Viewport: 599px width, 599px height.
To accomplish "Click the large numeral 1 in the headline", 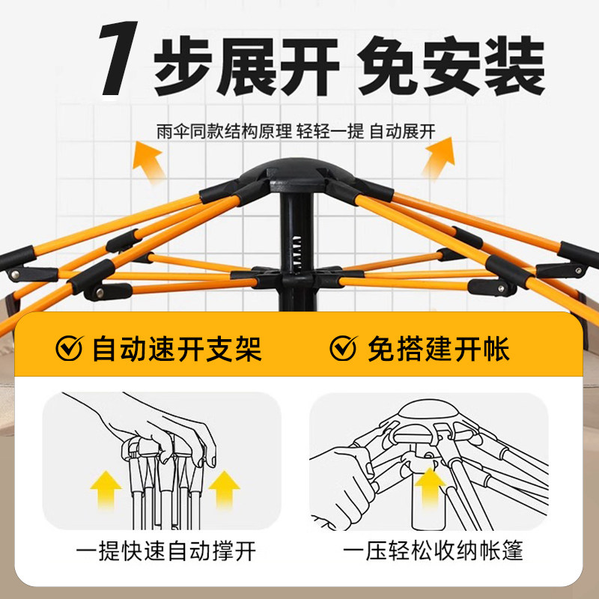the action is (x=118, y=58).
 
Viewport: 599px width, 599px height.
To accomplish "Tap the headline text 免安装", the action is (x=451, y=66).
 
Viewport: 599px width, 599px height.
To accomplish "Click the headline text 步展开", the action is (x=246, y=66).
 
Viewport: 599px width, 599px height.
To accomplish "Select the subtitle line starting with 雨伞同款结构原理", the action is (x=296, y=132).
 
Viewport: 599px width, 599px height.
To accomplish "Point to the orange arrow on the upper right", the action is (x=440, y=157).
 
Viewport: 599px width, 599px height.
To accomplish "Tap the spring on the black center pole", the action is (x=297, y=253).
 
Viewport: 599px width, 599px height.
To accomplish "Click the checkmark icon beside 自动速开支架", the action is (x=70, y=348).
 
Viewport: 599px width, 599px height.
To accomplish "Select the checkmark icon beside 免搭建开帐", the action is (x=344, y=348).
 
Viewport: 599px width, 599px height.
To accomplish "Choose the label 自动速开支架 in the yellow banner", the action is (x=177, y=349).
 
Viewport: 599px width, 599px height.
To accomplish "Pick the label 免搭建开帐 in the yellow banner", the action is (x=439, y=349).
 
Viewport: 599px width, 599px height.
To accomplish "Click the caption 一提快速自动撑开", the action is (x=165, y=551).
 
